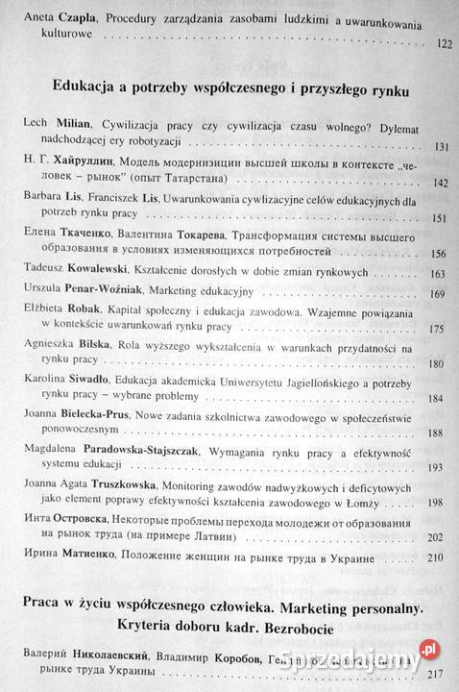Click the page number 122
click(442, 44)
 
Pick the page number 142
click(442, 182)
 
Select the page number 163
click(442, 274)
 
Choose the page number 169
click(442, 292)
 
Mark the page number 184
click(442, 400)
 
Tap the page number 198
click(442, 501)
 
